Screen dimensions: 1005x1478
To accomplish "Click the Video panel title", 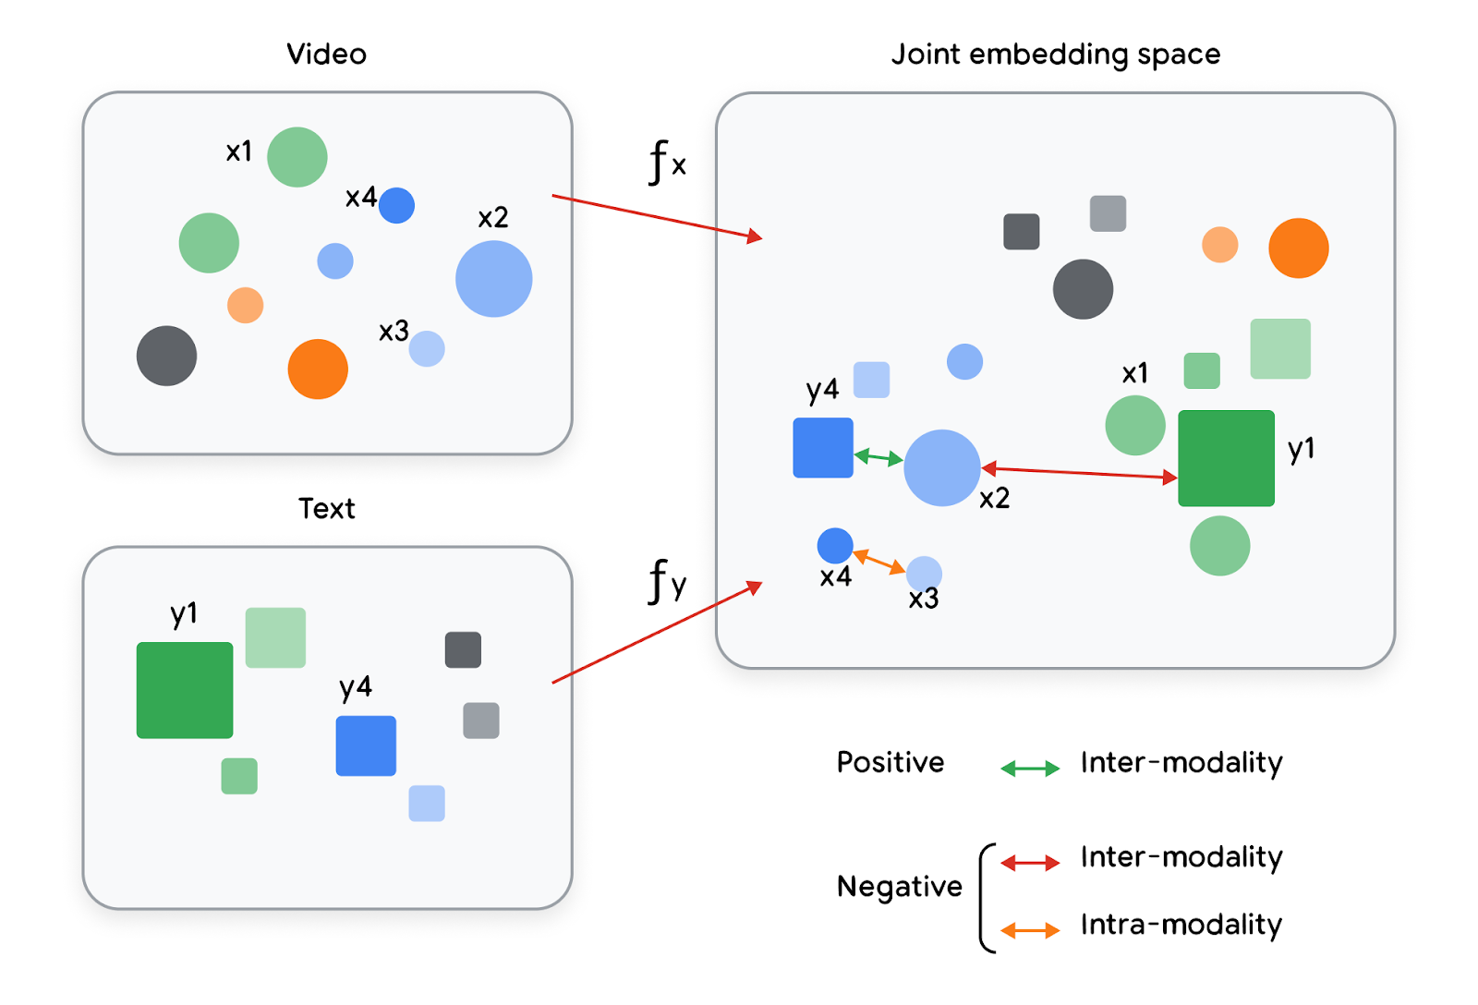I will click(x=326, y=54).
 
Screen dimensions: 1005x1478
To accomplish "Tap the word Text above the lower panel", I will click(x=326, y=509).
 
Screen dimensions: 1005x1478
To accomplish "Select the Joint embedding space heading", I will click(x=1055, y=54).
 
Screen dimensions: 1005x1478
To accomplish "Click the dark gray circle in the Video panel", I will click(x=166, y=356).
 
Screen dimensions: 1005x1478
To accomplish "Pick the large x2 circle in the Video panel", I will click(x=493, y=279).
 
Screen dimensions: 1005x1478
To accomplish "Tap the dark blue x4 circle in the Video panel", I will click(x=396, y=205).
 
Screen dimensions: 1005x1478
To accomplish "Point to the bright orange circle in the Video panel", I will click(x=318, y=369).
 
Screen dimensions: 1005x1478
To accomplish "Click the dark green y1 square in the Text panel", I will click(x=185, y=690).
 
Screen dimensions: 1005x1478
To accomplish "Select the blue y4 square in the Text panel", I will click(x=366, y=745).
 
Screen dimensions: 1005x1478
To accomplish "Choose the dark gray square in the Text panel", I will click(x=463, y=649).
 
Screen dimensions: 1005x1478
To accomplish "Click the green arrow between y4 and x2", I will click(x=878, y=456).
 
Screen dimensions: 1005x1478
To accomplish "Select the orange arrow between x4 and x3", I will click(x=878, y=562).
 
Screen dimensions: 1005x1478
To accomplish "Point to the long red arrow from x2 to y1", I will click(x=1079, y=473).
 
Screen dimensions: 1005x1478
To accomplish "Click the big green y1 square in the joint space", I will click(x=1226, y=458).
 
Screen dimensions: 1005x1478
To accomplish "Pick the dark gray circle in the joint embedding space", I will click(x=1083, y=289).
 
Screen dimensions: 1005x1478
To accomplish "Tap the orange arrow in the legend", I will click(x=1030, y=930).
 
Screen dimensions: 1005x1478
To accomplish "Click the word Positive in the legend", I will click(x=890, y=763).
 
